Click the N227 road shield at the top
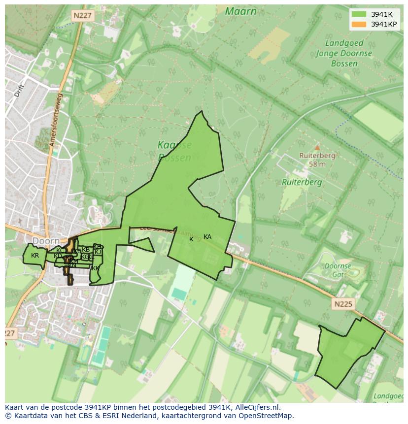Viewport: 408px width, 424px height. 82,16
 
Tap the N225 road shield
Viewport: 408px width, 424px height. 342,304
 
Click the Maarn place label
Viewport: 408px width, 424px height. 240,11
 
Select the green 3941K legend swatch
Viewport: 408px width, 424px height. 359,14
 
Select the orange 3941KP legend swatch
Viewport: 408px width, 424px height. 359,24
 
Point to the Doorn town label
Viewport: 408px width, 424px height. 46,241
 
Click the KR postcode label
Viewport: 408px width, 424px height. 34,256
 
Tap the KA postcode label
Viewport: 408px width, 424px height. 207,237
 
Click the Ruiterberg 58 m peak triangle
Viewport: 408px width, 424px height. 317,147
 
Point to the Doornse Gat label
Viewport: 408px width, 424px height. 338,269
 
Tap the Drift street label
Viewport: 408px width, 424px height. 19,90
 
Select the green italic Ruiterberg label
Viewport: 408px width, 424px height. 302,182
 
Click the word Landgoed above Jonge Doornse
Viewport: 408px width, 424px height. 344,43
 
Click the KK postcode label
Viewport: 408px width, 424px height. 96,268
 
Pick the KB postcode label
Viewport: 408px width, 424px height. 86,250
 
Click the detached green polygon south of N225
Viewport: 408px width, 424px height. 347,352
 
